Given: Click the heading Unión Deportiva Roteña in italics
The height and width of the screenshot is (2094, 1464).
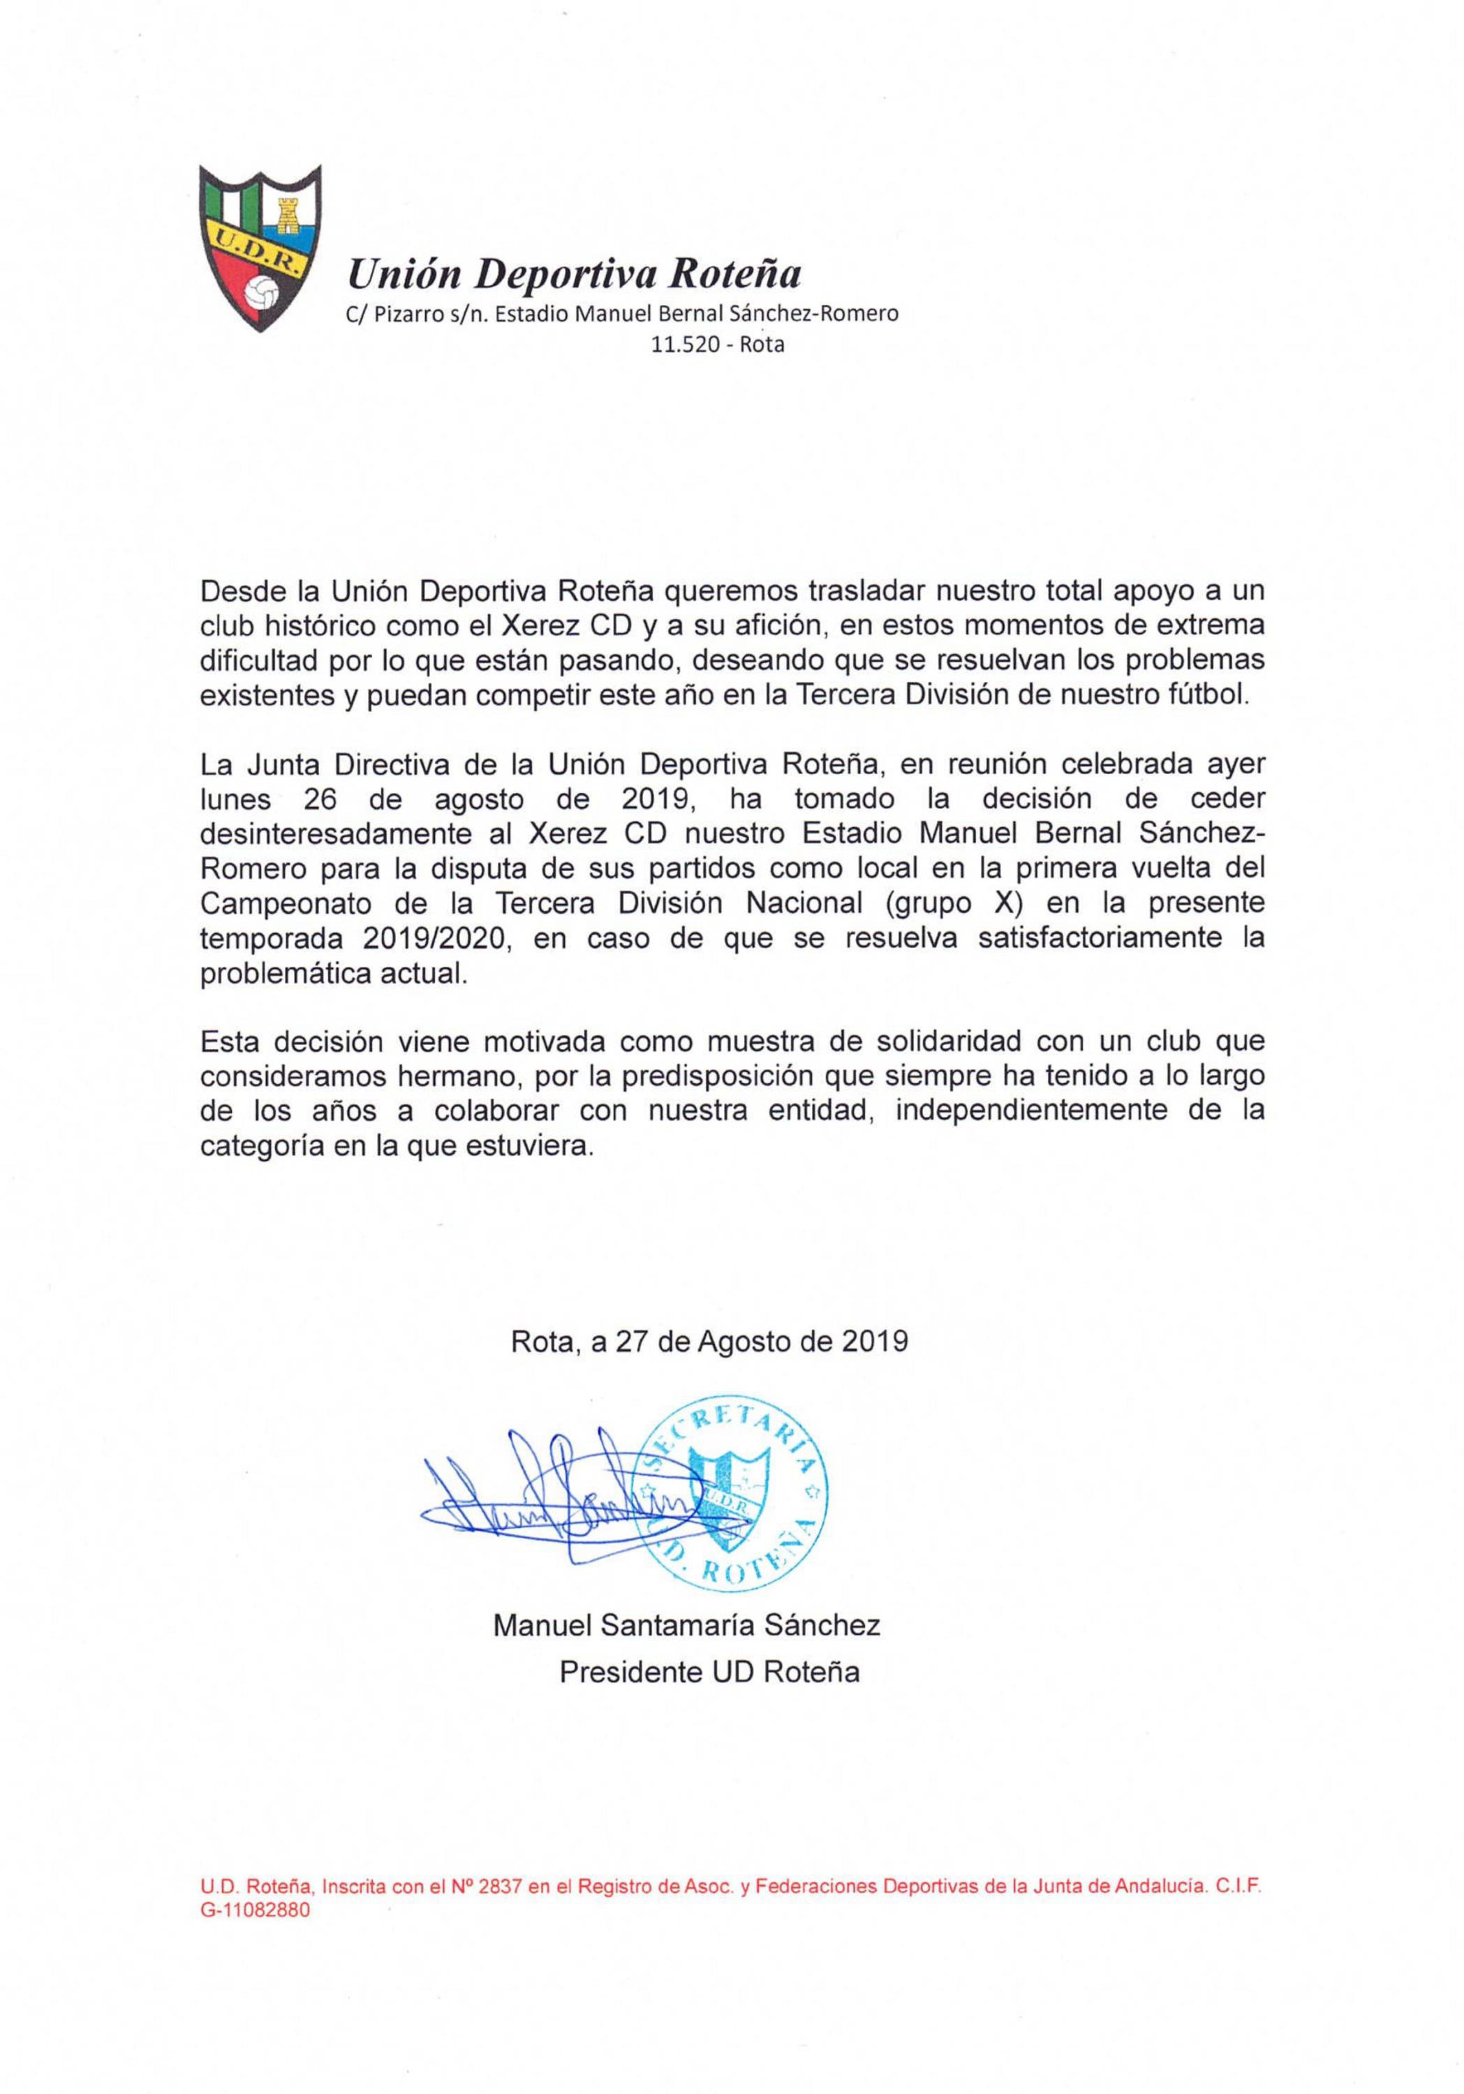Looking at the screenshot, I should pyautogui.click(x=575, y=272).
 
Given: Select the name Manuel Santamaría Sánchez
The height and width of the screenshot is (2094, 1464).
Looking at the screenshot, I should pyautogui.click(x=686, y=1624).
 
